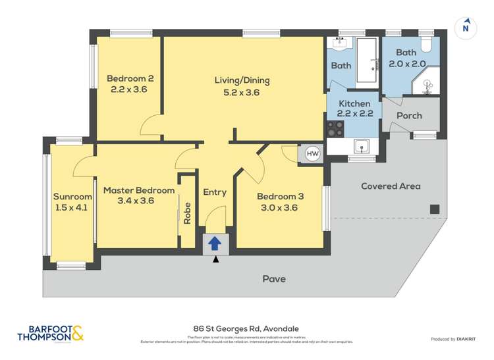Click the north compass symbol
click(466, 28)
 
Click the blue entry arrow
click(215, 244)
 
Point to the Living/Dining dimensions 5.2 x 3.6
click(242, 93)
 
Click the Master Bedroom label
click(139, 190)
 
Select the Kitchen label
click(354, 103)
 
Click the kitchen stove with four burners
click(335, 128)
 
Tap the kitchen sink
click(360, 146)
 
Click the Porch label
click(409, 116)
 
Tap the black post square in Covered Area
click(434, 209)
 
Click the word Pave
click(274, 279)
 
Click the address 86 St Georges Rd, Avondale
click(247, 329)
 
